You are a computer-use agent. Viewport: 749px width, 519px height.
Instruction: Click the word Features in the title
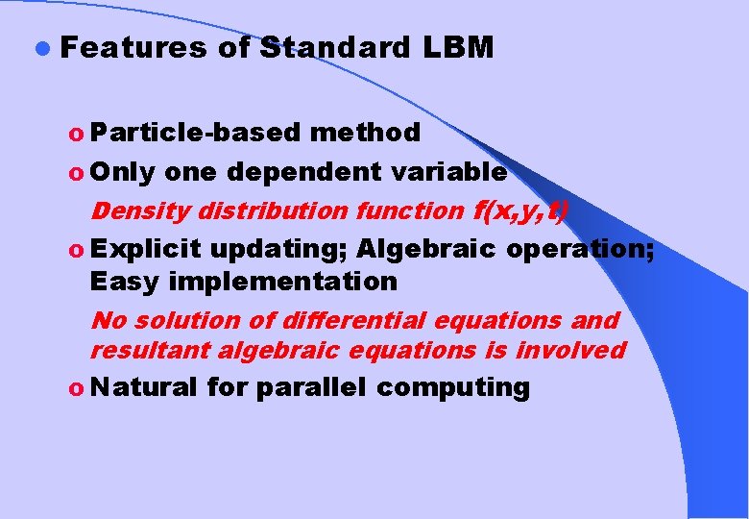tap(133, 47)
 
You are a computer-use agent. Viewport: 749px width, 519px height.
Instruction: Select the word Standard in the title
tap(334, 47)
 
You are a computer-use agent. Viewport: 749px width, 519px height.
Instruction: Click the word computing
tap(452, 388)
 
